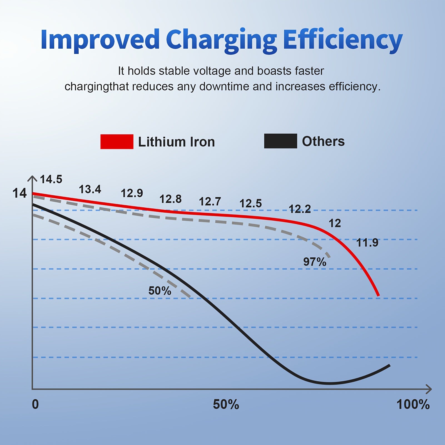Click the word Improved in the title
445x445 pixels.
click(100, 39)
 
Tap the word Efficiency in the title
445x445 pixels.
click(343, 40)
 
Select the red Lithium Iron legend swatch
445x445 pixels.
click(117, 142)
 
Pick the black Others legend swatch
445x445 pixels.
click(280, 141)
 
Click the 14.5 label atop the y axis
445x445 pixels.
click(51, 179)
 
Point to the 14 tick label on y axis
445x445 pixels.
click(19, 193)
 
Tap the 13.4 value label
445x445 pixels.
click(90, 189)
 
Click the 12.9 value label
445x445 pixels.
click(132, 193)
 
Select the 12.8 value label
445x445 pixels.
click(170, 199)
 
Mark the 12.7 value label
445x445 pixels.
click(210, 202)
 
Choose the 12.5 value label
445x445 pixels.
click(250, 203)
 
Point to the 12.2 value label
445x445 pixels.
click(300, 209)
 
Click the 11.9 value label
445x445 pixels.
click(367, 243)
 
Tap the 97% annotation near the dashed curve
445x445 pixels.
click(315, 262)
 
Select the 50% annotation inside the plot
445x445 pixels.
click(160, 291)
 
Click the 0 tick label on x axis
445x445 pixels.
click(35, 404)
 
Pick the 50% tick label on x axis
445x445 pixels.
click(226, 404)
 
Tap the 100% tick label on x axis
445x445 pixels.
click(413, 404)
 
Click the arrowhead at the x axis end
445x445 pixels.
click(429, 389)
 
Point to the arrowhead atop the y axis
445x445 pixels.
click(33, 178)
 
